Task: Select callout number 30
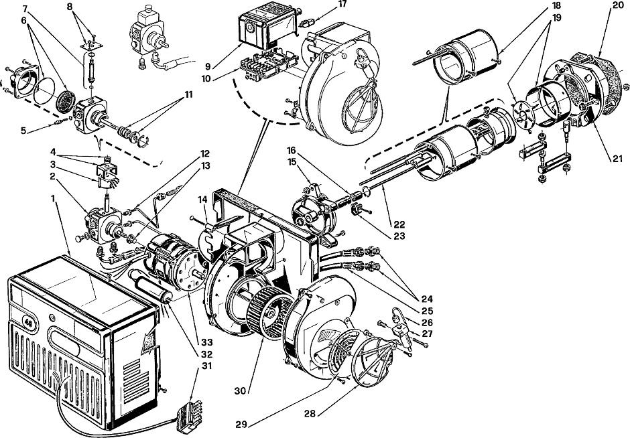pyautogui.click(x=240, y=390)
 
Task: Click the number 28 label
pyautogui.click(x=310, y=413)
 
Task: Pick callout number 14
pyautogui.click(x=203, y=199)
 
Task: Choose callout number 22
pyautogui.click(x=399, y=224)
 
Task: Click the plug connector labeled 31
pyautogui.click(x=188, y=413)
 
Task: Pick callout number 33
pyautogui.click(x=207, y=342)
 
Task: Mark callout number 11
pyautogui.click(x=188, y=94)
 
